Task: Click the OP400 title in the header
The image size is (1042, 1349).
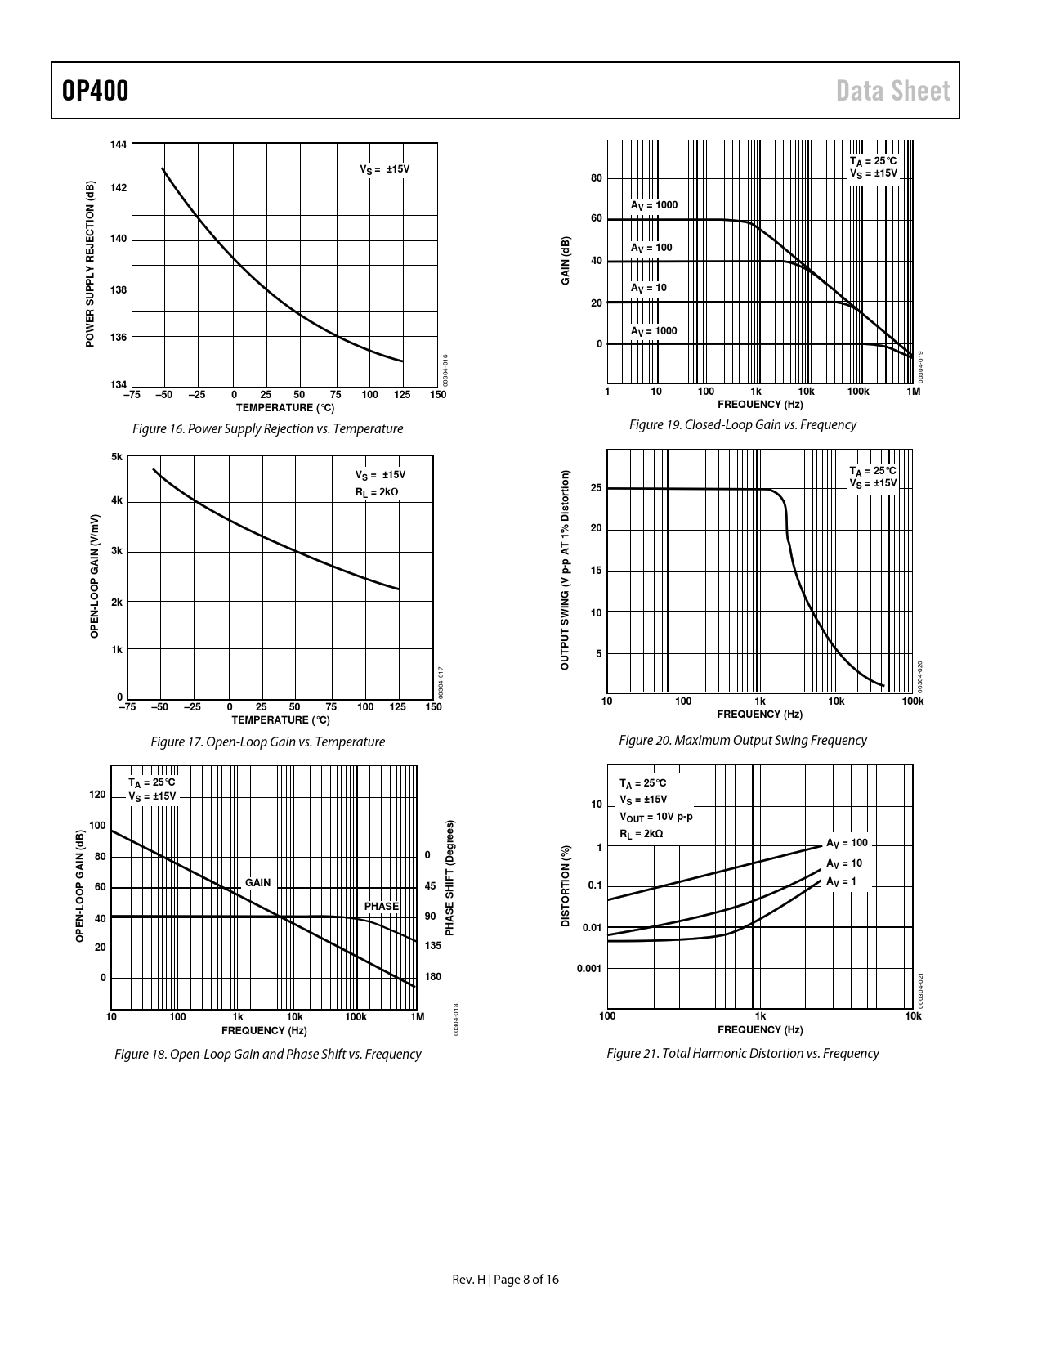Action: pyautogui.click(x=95, y=91)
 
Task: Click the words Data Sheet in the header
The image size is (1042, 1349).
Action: pyautogui.click(x=893, y=91)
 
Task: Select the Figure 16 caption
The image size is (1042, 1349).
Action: pyautogui.click(x=267, y=428)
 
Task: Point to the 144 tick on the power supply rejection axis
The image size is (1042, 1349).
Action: pyautogui.click(x=119, y=145)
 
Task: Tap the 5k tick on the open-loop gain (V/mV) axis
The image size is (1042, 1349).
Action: pyautogui.click(x=116, y=457)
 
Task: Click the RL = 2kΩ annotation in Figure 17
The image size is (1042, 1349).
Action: pyautogui.click(x=376, y=492)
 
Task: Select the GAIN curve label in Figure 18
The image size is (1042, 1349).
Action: pyautogui.click(x=257, y=883)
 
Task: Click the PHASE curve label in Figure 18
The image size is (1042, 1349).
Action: pyautogui.click(x=382, y=907)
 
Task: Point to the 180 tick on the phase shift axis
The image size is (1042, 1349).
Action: pyautogui.click(x=432, y=977)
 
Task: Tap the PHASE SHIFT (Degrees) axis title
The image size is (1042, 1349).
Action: pyautogui.click(x=449, y=878)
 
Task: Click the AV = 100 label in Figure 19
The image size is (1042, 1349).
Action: pyautogui.click(x=651, y=247)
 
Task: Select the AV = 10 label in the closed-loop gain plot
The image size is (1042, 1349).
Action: pyautogui.click(x=649, y=288)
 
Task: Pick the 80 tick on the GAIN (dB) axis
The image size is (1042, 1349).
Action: pyautogui.click(x=597, y=178)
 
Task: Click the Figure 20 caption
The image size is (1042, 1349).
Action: pyautogui.click(x=742, y=741)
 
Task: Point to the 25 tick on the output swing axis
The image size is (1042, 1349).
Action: pyautogui.click(x=596, y=488)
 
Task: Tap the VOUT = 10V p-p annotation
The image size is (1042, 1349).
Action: pyautogui.click(x=655, y=817)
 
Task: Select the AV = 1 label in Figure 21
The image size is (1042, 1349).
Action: pyautogui.click(x=841, y=881)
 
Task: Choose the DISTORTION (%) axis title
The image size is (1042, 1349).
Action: pyautogui.click(x=566, y=886)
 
